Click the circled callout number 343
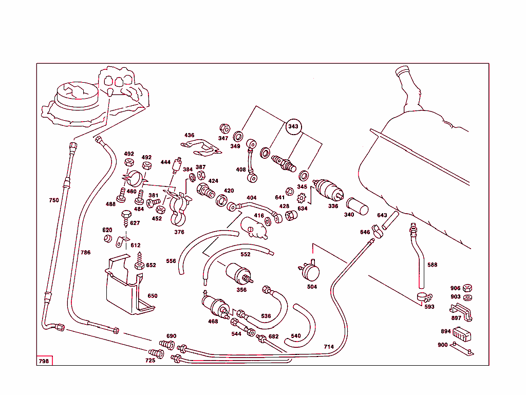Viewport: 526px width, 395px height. (x=293, y=126)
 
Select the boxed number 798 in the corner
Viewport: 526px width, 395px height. (x=44, y=361)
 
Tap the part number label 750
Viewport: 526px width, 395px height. (x=54, y=200)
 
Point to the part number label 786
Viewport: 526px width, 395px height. (x=85, y=253)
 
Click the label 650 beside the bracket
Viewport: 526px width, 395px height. (x=153, y=296)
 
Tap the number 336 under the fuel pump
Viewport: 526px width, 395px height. (x=333, y=206)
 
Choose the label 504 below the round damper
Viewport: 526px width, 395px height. (x=312, y=287)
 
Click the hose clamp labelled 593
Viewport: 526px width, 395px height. (x=424, y=297)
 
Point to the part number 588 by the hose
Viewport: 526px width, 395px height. (x=433, y=265)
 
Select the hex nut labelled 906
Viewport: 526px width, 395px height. (x=467, y=288)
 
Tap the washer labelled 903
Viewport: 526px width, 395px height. (x=467, y=297)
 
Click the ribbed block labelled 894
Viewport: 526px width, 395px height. (x=462, y=334)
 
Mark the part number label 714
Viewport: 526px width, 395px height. (x=329, y=347)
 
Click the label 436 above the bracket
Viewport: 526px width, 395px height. (x=190, y=136)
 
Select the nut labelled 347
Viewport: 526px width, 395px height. (x=224, y=128)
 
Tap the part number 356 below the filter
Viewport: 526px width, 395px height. (x=241, y=290)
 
